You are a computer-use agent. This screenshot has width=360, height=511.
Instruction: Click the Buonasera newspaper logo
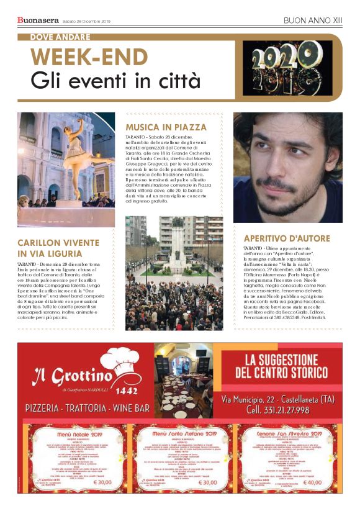pyautogui.click(x=38, y=21)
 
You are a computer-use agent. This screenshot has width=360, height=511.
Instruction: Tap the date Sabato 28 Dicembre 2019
pyautogui.click(x=86, y=22)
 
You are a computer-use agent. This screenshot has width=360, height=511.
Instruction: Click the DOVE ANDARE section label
pyautogui.click(x=60, y=37)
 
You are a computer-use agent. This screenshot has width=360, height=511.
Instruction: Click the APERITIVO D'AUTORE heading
pyautogui.click(x=286, y=238)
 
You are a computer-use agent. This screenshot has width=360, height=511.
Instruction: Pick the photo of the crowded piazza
pyautogui.click(x=174, y=273)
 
